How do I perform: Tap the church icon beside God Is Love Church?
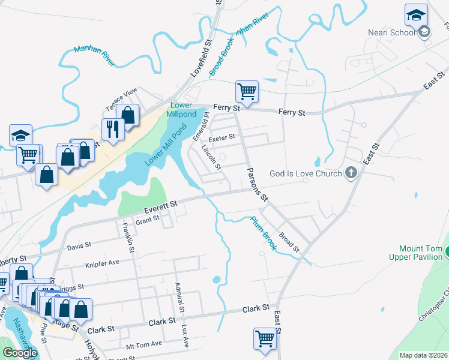pos(352,173)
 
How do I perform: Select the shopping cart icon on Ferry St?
pos(247,92)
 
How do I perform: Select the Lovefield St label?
pos(201,58)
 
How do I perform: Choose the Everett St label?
pos(161,206)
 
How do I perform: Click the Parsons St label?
pos(257,184)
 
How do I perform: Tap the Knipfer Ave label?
pos(102,263)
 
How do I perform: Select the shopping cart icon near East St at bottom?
pos(265,339)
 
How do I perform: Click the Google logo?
pos(20,353)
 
